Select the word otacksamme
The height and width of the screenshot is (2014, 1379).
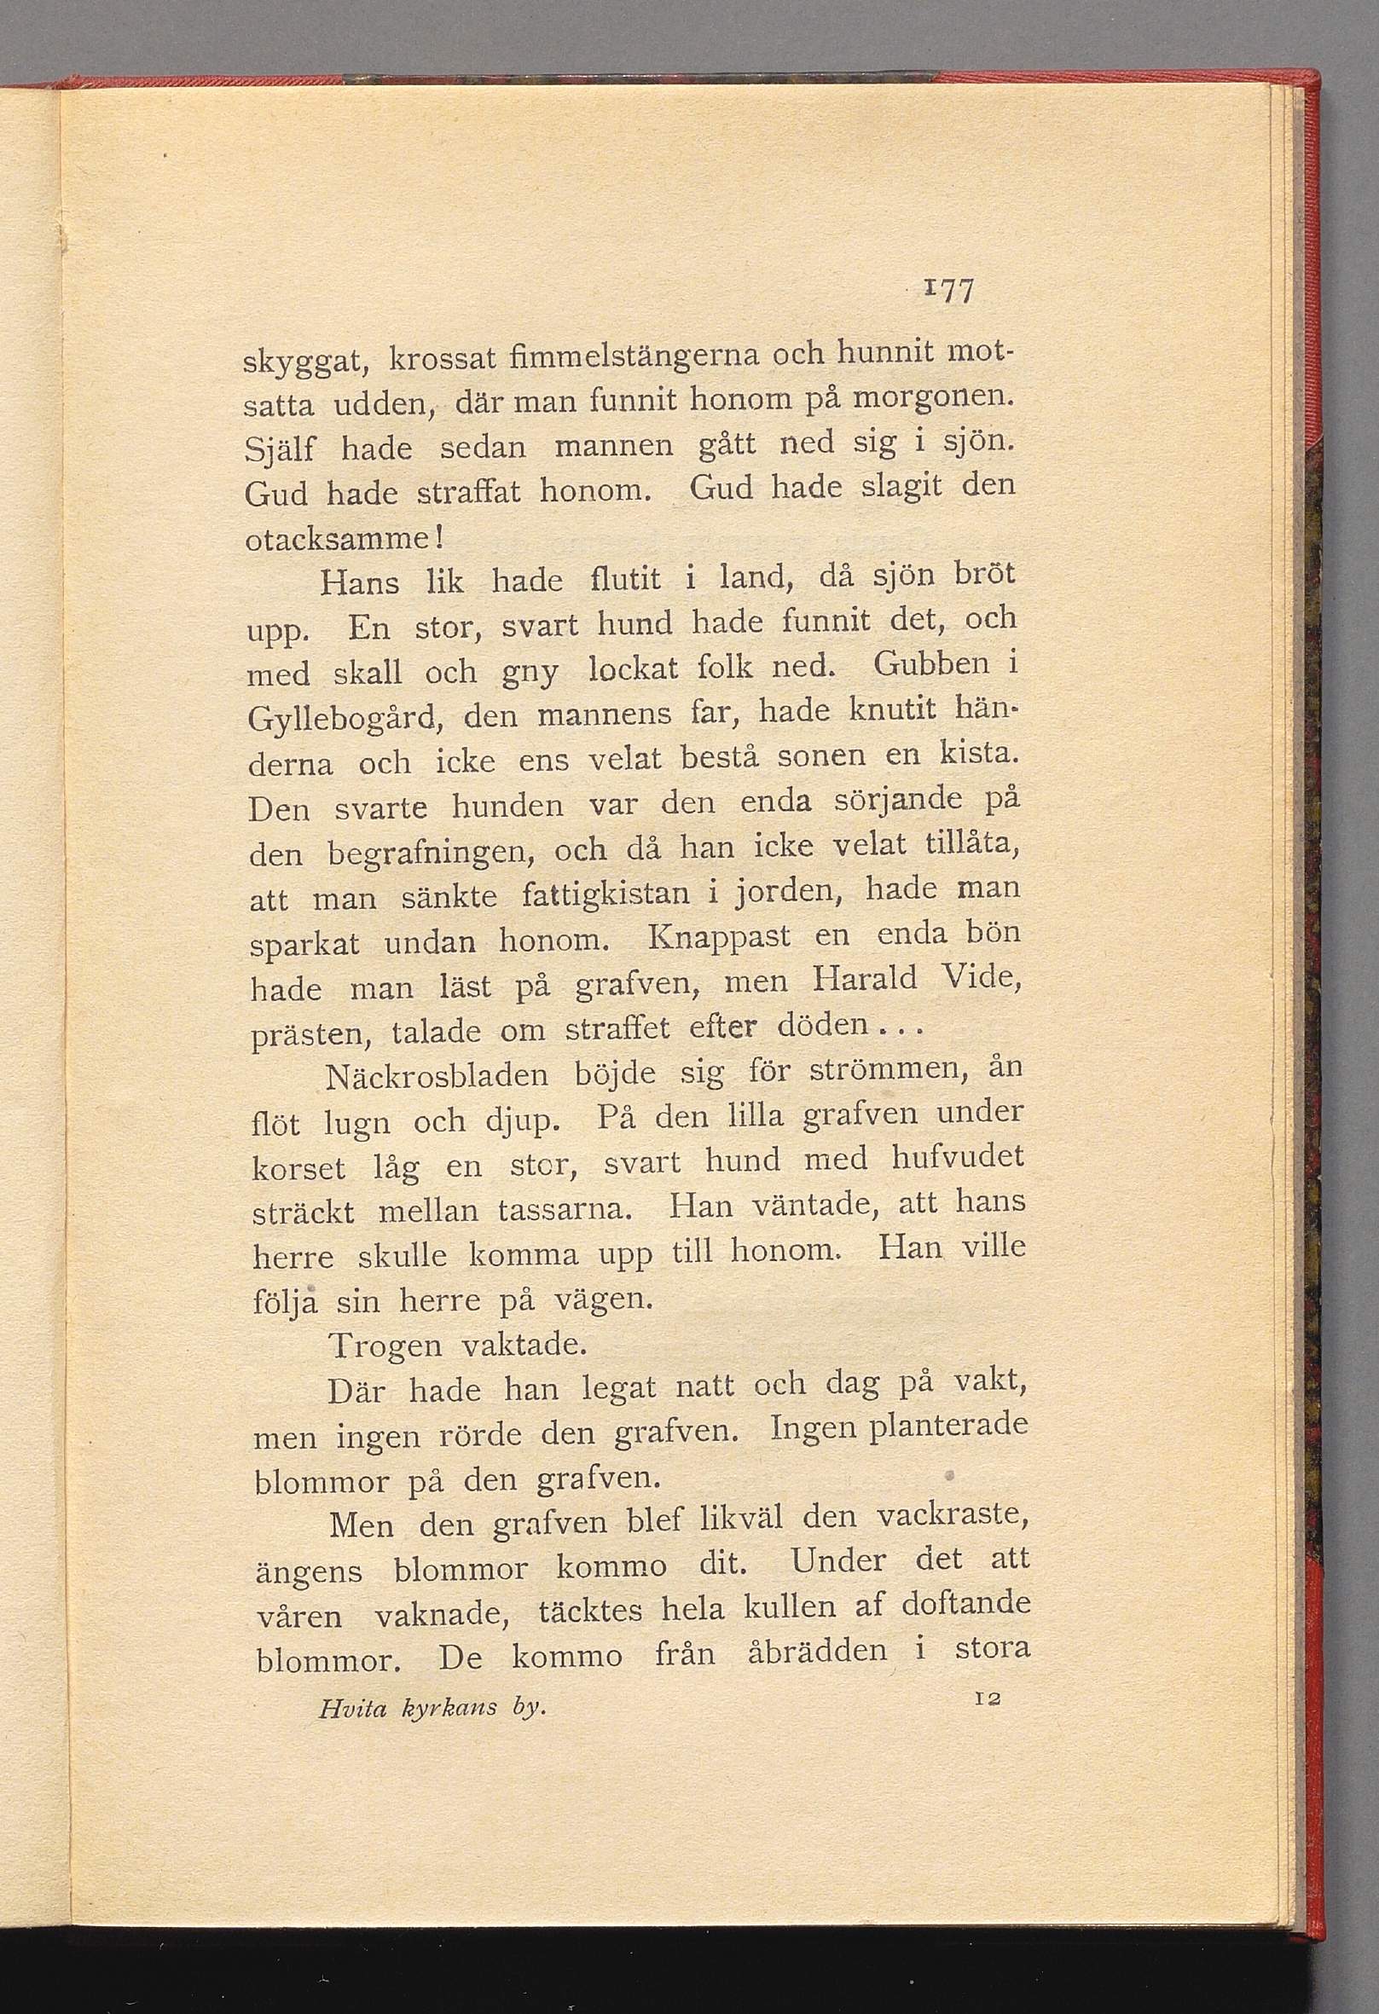(x=342, y=540)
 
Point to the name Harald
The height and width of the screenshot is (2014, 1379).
(x=864, y=979)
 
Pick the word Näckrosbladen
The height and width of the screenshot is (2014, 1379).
(x=437, y=1075)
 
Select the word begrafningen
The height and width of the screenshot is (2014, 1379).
(x=428, y=853)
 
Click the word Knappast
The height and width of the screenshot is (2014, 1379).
(x=719, y=935)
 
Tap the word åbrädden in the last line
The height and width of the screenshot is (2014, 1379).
(x=817, y=1649)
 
